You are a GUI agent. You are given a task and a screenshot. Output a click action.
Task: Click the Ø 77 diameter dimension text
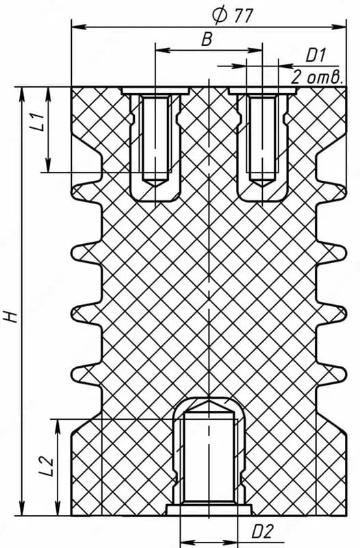point(233,15)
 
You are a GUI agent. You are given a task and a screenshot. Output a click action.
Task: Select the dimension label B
point(207,40)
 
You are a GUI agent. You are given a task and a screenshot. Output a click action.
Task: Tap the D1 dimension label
point(316,56)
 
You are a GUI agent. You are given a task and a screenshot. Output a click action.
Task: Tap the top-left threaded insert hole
point(155,140)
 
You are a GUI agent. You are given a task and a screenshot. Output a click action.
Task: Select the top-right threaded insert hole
point(263,140)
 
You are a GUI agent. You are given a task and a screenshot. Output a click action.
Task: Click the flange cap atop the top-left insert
point(155,91)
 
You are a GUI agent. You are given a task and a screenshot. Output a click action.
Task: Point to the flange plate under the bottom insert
point(209,510)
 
